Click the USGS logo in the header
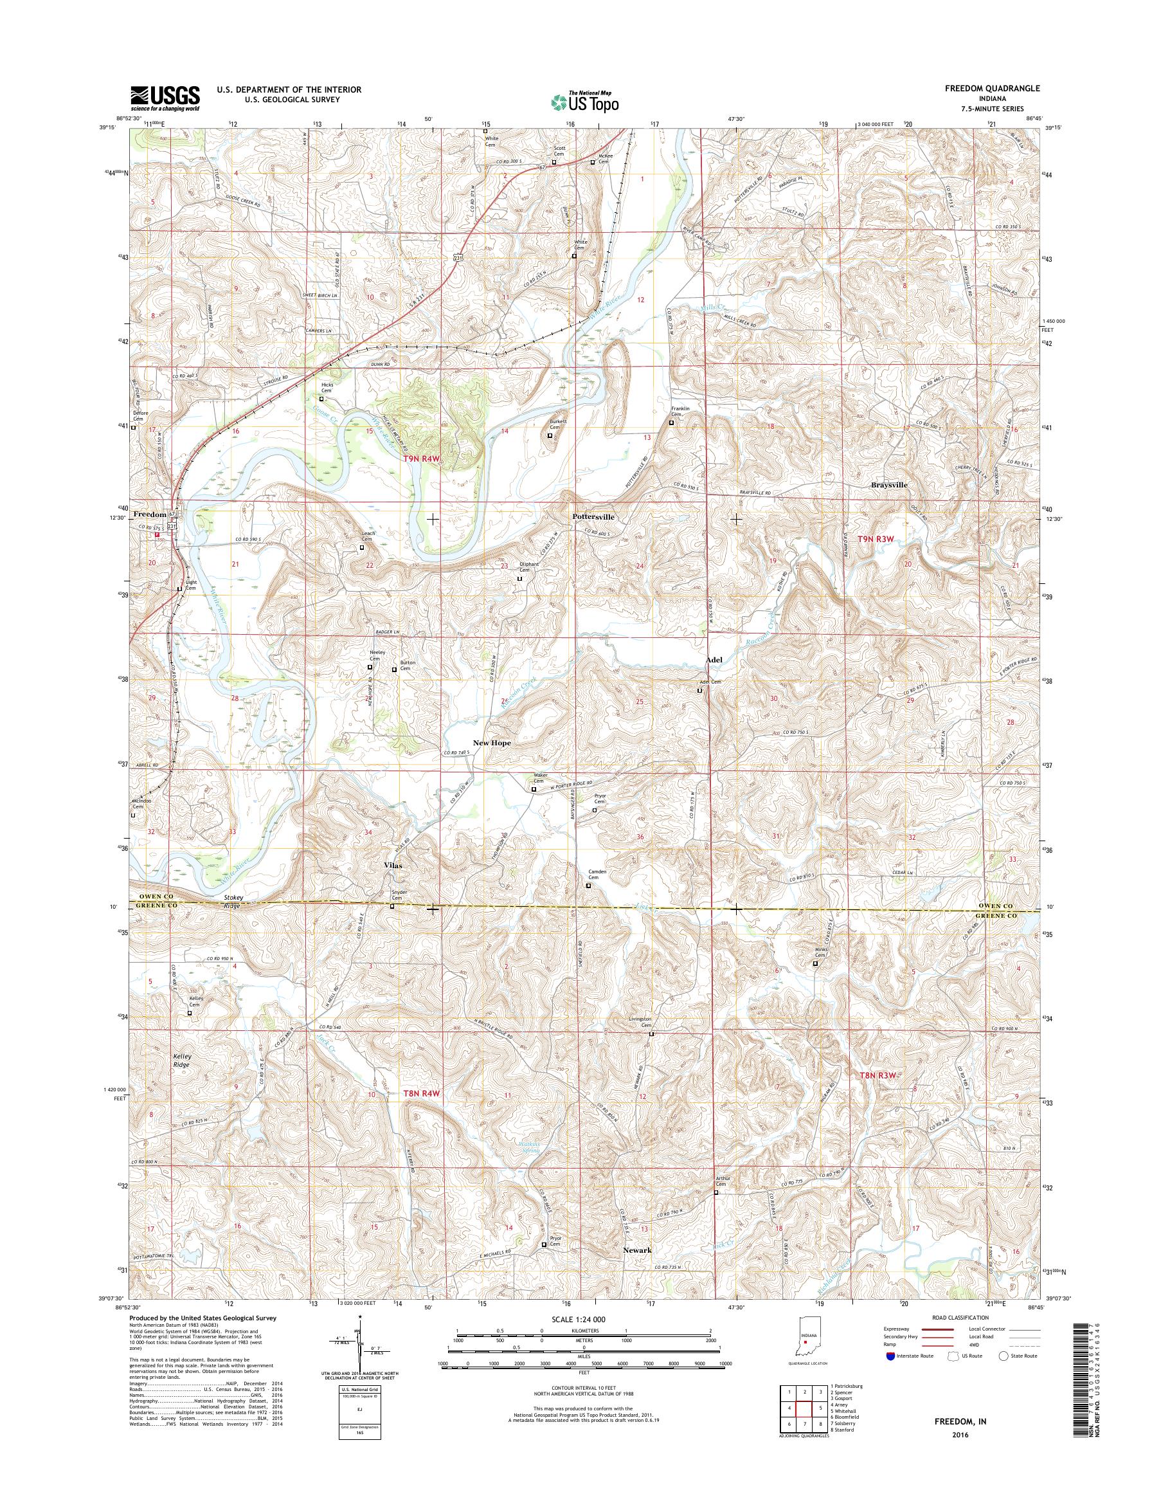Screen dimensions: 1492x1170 click(165, 98)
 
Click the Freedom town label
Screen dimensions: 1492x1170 click(149, 514)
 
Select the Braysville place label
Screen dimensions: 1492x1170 click(889, 484)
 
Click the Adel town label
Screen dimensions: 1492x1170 click(714, 659)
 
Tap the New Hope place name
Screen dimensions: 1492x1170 click(492, 743)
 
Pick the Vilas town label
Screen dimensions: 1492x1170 click(393, 866)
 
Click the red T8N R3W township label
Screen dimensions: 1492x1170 click(876, 1095)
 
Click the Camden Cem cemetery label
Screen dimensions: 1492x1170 click(593, 875)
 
